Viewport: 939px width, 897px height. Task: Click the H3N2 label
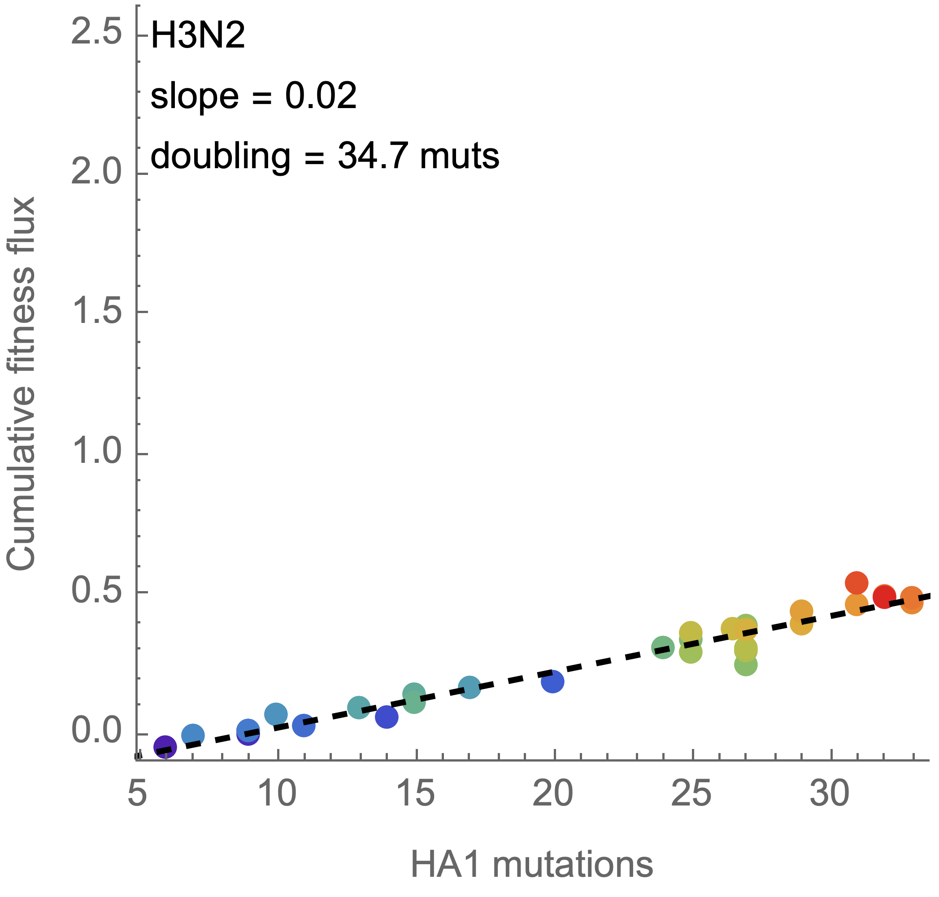197,36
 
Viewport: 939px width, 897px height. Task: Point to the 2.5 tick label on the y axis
96,35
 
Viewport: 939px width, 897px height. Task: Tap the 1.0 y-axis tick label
96,451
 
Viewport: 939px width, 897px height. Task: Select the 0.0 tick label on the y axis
96,731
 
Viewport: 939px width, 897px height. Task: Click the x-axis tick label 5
137,794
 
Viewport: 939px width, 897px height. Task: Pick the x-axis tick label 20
553,794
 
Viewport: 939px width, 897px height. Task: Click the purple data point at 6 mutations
165,746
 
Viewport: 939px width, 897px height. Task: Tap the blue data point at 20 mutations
553,681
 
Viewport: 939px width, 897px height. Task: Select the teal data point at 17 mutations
469,688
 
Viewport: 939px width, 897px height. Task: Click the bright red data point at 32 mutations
884,596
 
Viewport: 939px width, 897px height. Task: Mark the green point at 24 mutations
663,647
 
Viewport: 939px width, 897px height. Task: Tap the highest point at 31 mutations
856,583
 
